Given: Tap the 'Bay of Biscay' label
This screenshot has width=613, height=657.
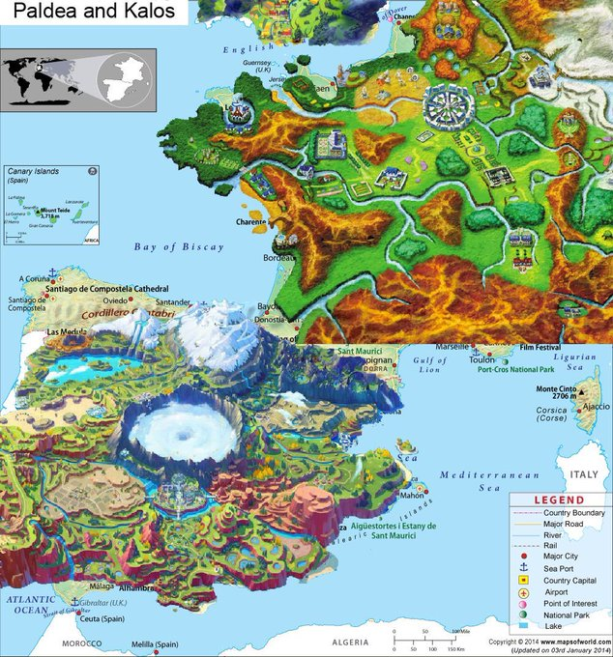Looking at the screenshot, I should (x=178, y=247).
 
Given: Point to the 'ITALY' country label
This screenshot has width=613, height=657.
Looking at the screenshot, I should (x=583, y=475).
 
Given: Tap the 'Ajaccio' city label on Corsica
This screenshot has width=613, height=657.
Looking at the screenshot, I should (x=588, y=407).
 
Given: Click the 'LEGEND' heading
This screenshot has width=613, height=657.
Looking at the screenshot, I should (x=559, y=500).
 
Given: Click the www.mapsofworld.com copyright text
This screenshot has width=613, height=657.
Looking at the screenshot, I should (x=546, y=642).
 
